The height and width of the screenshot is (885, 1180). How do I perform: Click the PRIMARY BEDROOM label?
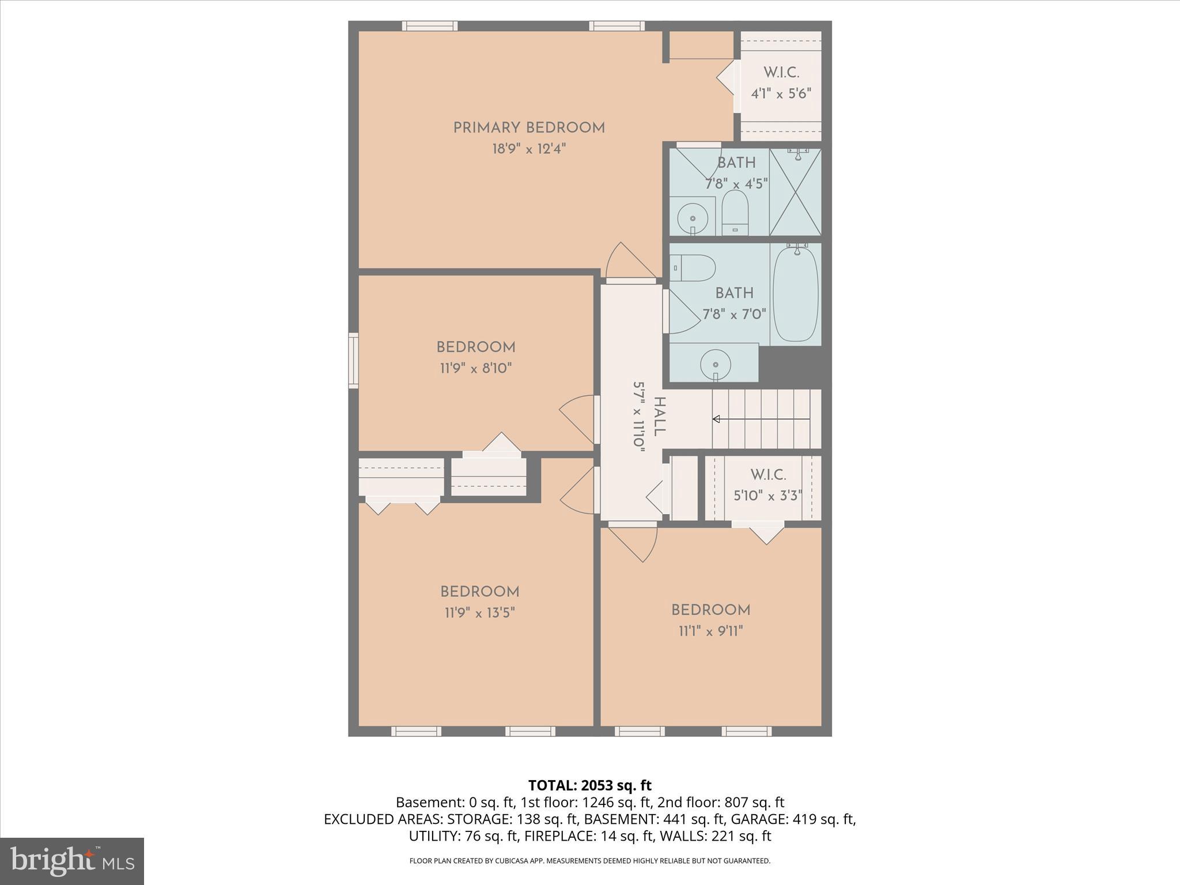(529, 128)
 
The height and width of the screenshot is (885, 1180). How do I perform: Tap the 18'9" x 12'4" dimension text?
(529, 149)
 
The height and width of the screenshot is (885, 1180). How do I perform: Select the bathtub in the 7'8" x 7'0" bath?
(795, 293)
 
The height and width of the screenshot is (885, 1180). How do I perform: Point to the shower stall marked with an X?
(795, 192)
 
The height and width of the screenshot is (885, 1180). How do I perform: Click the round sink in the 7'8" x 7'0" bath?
(716, 364)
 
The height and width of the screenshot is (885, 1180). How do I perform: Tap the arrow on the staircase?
(717, 419)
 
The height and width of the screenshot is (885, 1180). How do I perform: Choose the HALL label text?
(660, 417)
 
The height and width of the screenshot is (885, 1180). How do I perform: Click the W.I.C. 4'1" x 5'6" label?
(781, 83)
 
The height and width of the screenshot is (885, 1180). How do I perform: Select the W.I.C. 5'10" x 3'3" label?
(768, 485)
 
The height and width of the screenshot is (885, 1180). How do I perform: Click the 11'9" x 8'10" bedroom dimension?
(476, 368)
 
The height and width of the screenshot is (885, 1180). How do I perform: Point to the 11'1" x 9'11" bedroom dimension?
(710, 631)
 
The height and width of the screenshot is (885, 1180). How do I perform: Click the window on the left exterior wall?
(353, 360)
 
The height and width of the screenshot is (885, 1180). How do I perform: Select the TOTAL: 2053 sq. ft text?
(589, 785)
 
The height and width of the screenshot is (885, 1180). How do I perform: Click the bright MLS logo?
(72, 861)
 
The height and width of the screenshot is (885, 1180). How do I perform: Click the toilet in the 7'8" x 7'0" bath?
(693, 268)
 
